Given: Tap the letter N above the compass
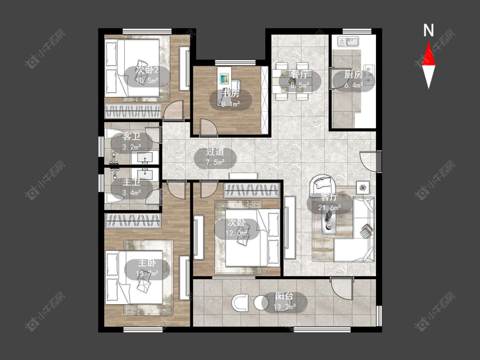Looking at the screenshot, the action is coord(428,30).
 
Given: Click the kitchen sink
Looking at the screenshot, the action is coord(348,41).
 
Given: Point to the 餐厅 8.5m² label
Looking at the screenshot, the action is coord(300,80).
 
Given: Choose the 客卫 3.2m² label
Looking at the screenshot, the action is coord(132,142).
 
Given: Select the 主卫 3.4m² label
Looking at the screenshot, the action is coord(132,187).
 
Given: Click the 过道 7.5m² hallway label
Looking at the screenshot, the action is coord(215,157).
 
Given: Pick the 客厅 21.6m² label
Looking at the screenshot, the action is coord(329,202).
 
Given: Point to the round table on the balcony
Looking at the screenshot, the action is coord(261,303).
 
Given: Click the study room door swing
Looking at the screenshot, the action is coord(209,127).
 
